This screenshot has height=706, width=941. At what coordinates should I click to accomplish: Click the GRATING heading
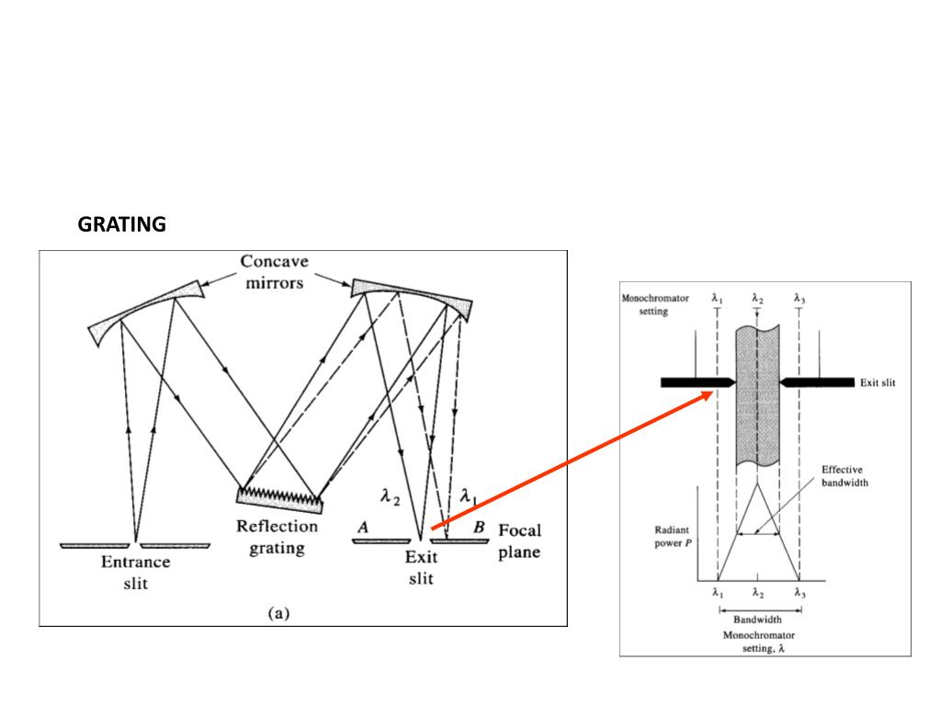pos(121,224)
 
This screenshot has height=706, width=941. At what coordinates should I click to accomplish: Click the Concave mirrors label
pos(274,272)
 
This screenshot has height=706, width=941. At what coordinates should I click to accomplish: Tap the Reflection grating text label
pos(277,538)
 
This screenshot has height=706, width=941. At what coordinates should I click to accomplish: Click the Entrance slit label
pos(135,573)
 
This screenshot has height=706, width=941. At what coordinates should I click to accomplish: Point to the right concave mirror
pos(411,294)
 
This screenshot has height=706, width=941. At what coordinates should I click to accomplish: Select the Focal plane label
pos(519,541)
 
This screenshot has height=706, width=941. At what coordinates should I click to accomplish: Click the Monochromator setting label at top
pos(655,305)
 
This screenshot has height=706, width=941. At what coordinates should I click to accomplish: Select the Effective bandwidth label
pos(845,476)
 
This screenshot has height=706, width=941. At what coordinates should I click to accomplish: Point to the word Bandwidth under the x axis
pos(757,620)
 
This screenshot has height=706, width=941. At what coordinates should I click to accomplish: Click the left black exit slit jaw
pos(697,381)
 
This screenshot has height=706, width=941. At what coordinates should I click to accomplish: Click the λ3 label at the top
pos(799,299)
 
